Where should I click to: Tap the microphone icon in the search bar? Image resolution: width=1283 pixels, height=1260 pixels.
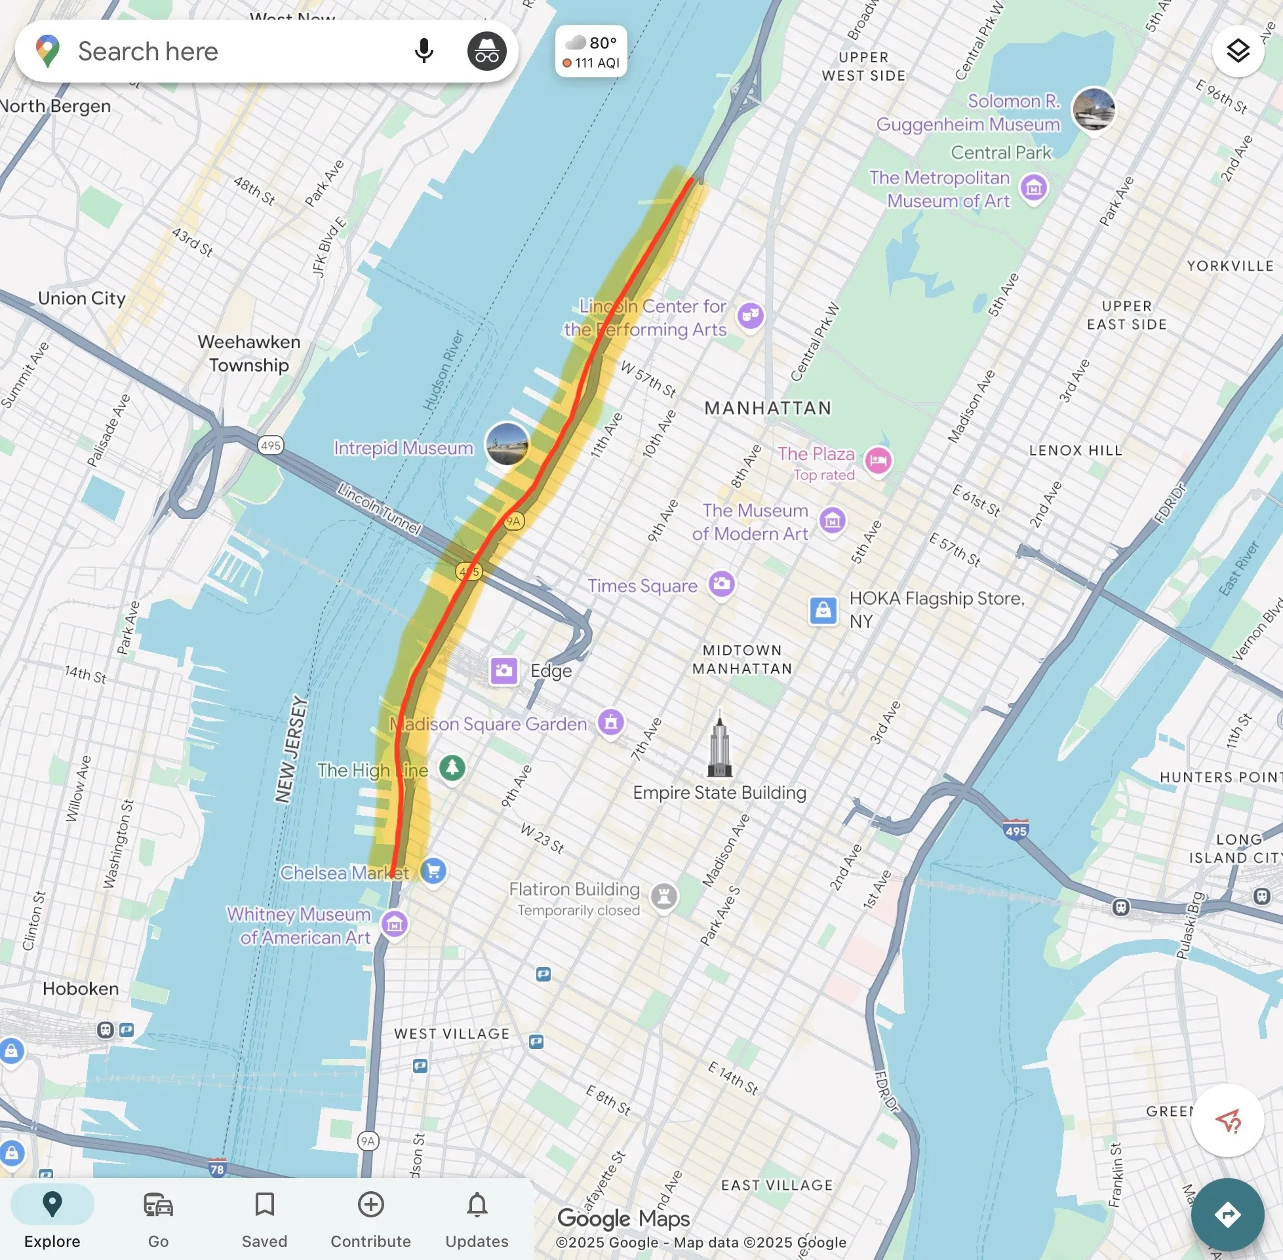[424, 51]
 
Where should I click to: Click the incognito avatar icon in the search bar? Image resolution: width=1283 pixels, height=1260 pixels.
[486, 51]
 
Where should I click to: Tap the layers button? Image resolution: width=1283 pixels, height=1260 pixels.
[1237, 51]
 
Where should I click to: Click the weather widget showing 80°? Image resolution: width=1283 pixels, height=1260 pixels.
[591, 52]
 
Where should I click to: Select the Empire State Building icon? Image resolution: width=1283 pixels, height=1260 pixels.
[720, 744]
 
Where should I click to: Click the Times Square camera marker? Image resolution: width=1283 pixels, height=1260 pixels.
[722, 584]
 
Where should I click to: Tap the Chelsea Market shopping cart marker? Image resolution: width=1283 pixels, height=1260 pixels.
[433, 871]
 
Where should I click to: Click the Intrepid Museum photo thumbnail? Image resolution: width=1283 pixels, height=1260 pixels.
[507, 444]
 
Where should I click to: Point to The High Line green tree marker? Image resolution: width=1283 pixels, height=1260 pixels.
[452, 768]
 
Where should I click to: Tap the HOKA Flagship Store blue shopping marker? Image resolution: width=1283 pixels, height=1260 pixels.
[823, 609]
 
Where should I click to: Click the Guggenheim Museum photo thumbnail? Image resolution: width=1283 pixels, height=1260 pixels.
[1094, 109]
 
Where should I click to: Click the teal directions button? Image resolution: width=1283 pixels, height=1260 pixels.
[1227, 1215]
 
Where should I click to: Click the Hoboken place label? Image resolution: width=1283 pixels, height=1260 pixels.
[81, 989]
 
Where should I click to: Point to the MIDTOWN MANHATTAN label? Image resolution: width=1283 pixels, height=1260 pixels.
[742, 659]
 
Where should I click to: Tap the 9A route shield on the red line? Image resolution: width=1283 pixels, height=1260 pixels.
[514, 522]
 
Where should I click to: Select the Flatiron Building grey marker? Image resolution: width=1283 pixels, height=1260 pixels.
[664, 896]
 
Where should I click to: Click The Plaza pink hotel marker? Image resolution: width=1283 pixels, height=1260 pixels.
[878, 460]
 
